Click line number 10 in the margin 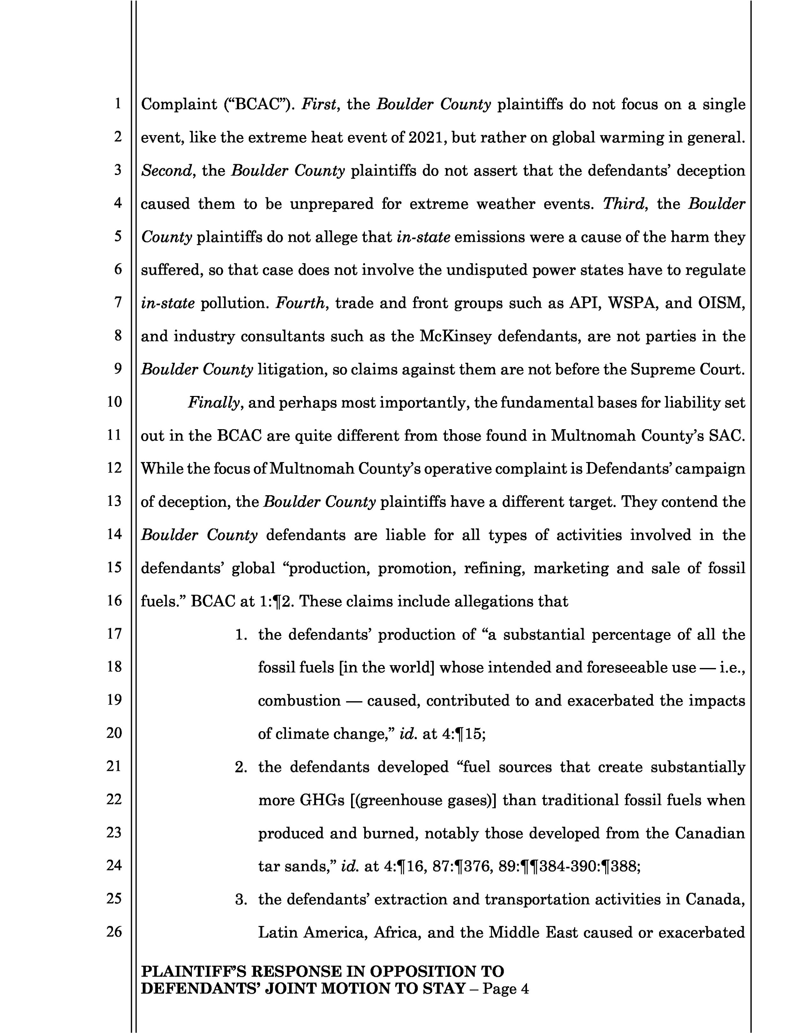tap(114, 402)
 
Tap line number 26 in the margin tap(114, 931)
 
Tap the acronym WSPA tap(633, 303)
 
